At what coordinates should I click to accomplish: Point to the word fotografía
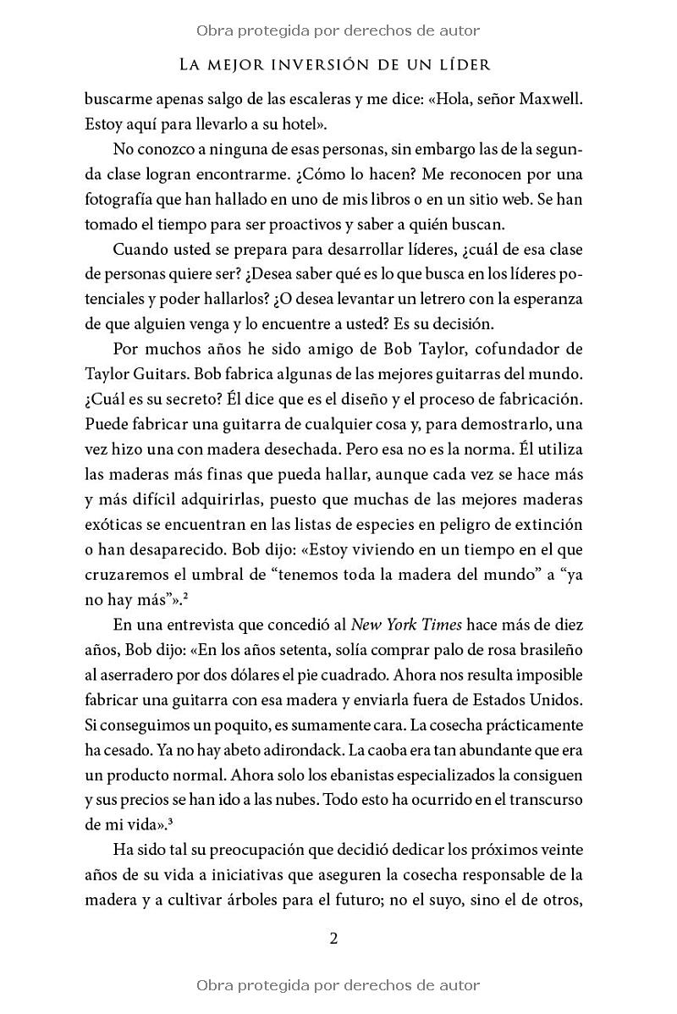click(124, 201)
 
